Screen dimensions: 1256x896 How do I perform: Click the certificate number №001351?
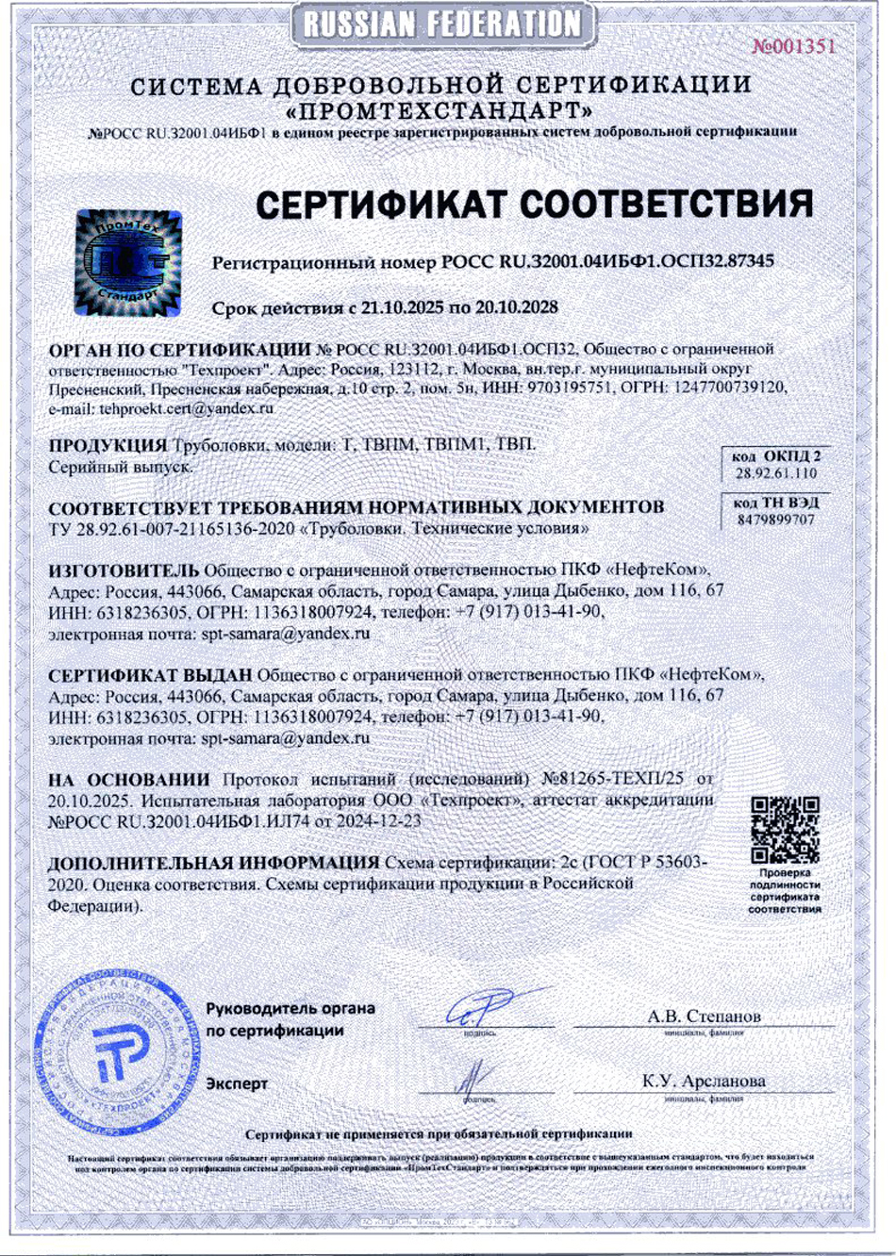(x=793, y=46)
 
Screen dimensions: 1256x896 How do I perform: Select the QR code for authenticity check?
(x=785, y=830)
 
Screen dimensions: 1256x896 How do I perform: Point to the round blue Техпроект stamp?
(x=121, y=1047)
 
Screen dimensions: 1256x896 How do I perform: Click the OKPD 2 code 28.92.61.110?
(x=776, y=473)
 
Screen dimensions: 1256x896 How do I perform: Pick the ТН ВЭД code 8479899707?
(x=776, y=520)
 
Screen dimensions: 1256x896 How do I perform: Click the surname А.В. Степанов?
(x=704, y=1016)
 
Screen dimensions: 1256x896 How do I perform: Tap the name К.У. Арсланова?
(x=704, y=1082)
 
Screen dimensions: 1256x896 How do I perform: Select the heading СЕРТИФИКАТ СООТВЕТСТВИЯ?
(x=534, y=204)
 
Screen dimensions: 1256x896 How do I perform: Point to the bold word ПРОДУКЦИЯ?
(x=108, y=444)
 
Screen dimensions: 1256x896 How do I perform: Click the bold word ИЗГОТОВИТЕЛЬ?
(x=124, y=570)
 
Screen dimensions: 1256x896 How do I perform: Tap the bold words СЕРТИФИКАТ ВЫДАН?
(x=150, y=675)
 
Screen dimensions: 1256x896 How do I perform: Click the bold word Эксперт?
(x=237, y=1084)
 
